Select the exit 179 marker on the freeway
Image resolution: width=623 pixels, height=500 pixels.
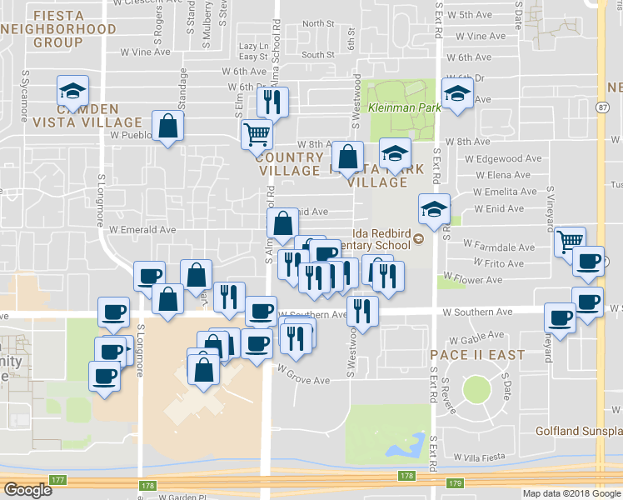(x=454, y=482)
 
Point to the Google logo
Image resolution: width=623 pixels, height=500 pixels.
(x=27, y=490)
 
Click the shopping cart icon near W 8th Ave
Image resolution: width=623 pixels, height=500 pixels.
(x=257, y=132)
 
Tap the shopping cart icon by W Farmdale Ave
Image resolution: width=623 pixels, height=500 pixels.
(x=570, y=241)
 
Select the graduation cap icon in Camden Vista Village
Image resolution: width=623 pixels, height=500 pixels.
(x=72, y=90)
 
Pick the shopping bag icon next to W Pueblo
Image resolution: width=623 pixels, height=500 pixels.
(x=168, y=126)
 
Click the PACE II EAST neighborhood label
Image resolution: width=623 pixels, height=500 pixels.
(x=477, y=355)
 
